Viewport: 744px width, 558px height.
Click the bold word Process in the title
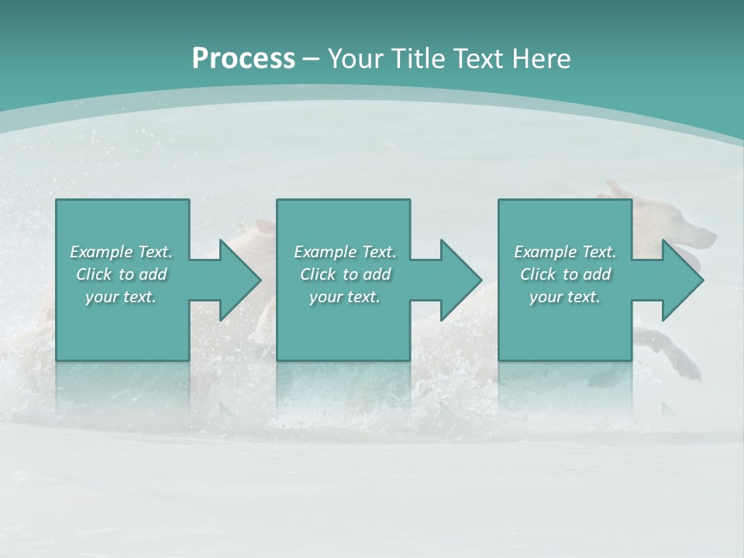pos(243,58)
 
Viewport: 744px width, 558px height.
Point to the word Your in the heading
pos(353,58)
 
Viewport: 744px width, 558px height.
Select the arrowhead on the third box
pos(681,280)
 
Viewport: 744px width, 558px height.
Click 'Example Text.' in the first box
pos(121,252)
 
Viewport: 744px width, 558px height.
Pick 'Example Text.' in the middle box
pos(345,252)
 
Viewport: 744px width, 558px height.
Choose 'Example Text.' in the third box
pos(565,252)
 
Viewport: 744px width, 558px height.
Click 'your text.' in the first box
pos(121,297)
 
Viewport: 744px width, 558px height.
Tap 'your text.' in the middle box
pos(345,297)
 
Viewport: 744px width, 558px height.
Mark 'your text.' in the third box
pos(565,297)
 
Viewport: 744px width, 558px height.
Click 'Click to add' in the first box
pos(121,274)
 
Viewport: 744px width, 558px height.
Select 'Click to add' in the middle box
pos(345,274)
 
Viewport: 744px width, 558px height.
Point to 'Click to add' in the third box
pos(565,274)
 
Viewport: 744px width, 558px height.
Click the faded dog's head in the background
pos(682,232)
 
